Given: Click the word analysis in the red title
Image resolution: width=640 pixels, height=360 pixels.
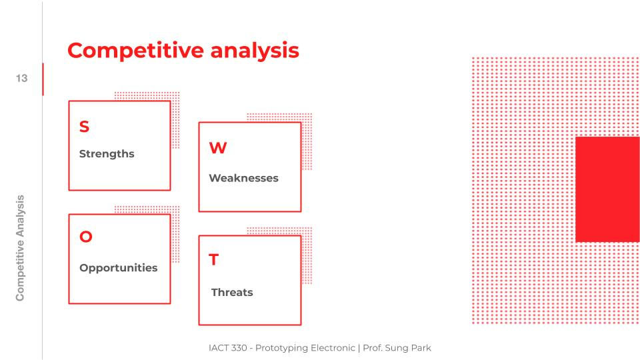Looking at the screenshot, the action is [x=255, y=51].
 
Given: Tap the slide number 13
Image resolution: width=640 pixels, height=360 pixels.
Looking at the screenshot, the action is [x=21, y=79].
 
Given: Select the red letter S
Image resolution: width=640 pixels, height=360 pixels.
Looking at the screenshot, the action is [x=85, y=127].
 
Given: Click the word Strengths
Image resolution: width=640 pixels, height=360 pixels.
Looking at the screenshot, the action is [x=107, y=154].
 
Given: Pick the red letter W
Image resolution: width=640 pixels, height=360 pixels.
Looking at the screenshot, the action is [x=218, y=148].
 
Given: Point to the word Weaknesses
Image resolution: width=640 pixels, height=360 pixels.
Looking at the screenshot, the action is [x=244, y=178].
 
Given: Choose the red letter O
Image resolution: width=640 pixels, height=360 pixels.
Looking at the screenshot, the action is [x=86, y=236].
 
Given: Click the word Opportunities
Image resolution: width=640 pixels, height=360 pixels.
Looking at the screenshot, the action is [x=119, y=268].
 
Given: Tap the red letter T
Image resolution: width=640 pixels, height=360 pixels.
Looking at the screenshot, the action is [x=214, y=259].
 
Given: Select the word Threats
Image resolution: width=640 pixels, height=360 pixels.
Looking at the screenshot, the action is [x=232, y=292].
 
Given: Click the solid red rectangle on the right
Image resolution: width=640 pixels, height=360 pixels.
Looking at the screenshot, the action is [x=607, y=189].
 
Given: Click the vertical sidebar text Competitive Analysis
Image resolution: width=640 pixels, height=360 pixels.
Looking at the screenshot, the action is [x=20, y=248].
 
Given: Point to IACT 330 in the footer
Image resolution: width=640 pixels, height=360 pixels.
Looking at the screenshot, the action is [x=228, y=348].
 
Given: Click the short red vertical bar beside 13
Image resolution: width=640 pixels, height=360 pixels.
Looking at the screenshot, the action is [x=43, y=79].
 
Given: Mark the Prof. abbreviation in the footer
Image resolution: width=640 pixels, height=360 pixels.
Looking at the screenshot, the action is [x=373, y=348].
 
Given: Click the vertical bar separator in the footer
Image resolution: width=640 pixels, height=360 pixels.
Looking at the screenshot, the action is [x=359, y=348].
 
